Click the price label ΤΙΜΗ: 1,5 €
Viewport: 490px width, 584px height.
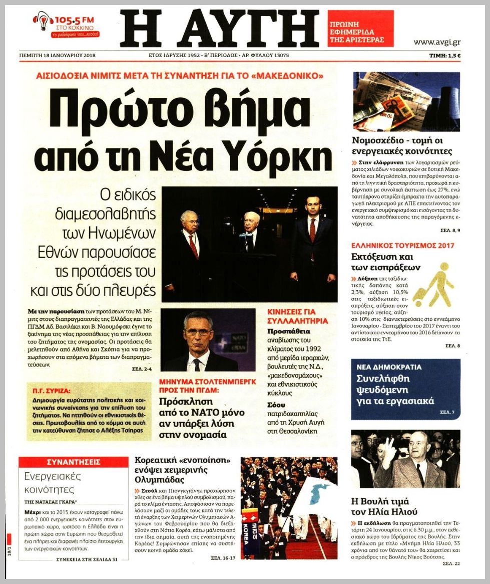click(x=445, y=56)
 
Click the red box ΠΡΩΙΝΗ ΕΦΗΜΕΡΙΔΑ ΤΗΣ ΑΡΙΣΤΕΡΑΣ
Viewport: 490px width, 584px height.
click(x=360, y=29)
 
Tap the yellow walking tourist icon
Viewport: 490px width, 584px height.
click(x=432, y=284)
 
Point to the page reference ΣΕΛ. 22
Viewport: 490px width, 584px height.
click(x=450, y=563)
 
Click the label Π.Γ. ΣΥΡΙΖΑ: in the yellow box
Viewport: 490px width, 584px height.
click(x=49, y=390)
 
